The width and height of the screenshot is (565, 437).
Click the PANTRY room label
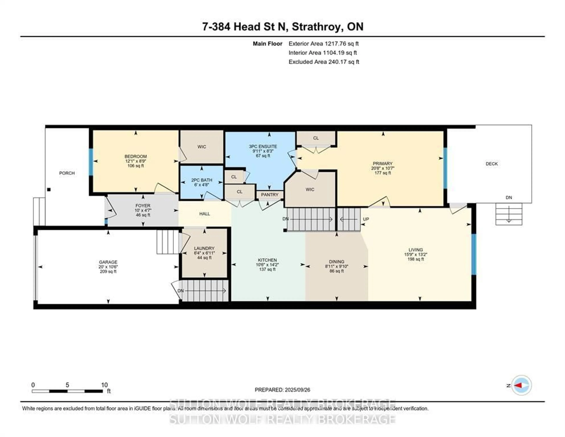click(270, 195)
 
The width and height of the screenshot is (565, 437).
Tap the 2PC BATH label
click(202, 180)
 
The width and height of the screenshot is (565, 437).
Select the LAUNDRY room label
click(204, 248)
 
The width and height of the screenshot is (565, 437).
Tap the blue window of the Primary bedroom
click(445, 168)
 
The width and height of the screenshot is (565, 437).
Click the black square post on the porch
click(49, 190)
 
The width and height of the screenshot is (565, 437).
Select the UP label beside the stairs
click(366, 219)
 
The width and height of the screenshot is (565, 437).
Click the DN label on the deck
click(509, 197)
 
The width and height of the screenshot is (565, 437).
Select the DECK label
click(492, 164)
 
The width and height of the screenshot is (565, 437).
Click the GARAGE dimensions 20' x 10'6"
click(108, 267)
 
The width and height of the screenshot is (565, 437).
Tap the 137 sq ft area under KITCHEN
click(267, 269)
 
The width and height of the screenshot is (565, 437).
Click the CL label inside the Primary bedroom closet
click(316, 138)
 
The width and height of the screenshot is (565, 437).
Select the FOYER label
click(143, 206)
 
